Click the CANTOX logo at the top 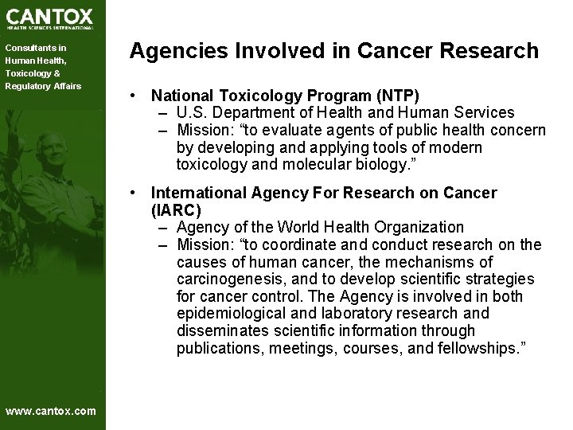[49, 18]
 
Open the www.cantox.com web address [50, 411]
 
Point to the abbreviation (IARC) [176, 210]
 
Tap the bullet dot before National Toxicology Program [139, 96]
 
